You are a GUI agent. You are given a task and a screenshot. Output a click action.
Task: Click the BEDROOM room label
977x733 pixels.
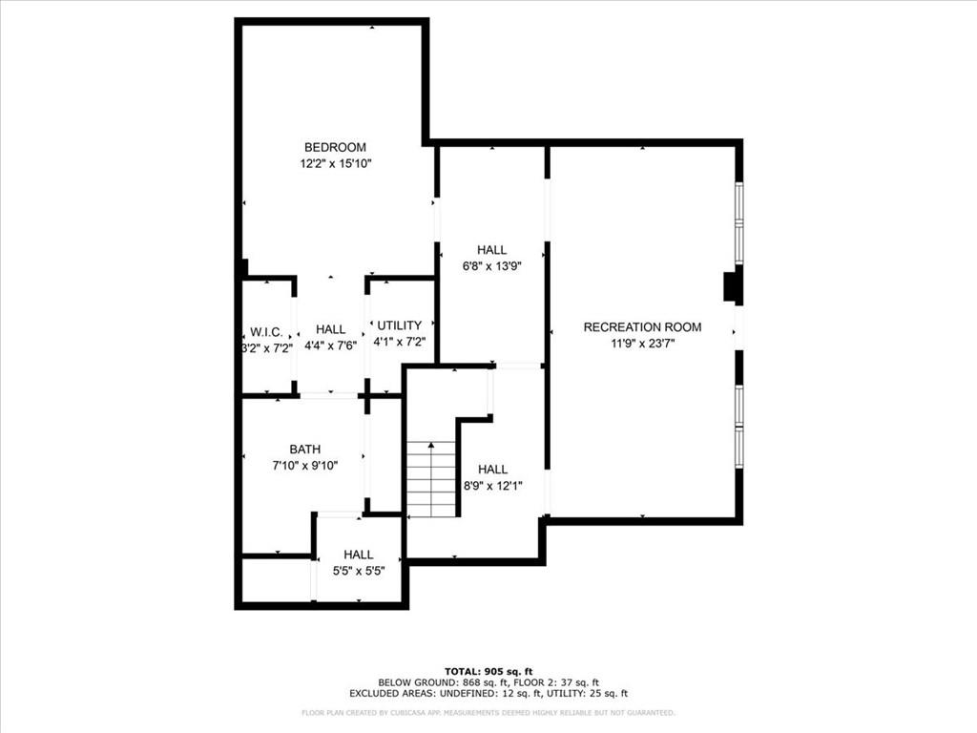pos(335,148)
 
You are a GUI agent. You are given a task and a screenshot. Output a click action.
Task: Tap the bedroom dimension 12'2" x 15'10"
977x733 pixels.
pos(336,164)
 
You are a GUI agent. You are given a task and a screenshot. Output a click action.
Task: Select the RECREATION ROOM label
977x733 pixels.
pos(642,327)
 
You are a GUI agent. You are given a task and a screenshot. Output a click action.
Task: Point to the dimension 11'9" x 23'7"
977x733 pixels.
pos(643,344)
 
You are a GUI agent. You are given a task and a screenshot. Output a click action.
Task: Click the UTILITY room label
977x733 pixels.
pos(400,325)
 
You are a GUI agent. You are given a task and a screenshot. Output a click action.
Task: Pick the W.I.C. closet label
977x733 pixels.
pos(267,332)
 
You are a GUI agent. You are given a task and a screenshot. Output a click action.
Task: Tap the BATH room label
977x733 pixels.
pos(305,450)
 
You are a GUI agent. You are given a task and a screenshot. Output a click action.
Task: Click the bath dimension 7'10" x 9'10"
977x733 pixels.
pos(305,466)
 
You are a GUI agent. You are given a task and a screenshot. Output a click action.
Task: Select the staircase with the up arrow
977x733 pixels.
pos(431,479)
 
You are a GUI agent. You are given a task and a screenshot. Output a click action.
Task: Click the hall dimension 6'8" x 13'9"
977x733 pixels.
pos(491,266)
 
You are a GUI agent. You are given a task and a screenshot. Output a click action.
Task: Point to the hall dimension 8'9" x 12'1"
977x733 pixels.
pos(493,486)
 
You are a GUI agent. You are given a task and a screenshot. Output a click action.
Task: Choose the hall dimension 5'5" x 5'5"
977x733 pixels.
pos(359,571)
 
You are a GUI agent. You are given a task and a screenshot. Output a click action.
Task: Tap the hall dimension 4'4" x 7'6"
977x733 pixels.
pos(330,346)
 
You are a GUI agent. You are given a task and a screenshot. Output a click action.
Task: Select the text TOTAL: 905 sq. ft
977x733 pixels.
pos(488,671)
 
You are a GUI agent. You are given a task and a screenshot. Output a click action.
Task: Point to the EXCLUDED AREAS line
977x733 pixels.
pos(488,693)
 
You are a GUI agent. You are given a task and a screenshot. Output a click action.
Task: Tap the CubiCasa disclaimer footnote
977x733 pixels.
pos(488,712)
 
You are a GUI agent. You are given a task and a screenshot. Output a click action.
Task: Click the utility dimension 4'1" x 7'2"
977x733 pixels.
pos(400,342)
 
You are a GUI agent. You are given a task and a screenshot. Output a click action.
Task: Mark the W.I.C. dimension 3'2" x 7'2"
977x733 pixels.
pos(267,348)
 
